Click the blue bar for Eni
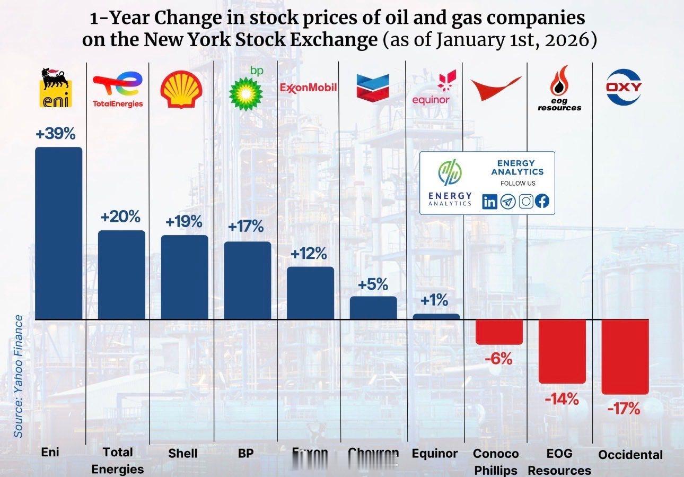tap(58, 233)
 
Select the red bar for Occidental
tap(625, 357)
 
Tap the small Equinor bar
tap(436, 317)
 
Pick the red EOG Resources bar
tap(562, 351)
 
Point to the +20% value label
tap(120, 217)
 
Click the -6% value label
tap(498, 359)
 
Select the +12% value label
tap(309, 254)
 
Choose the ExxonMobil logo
tap(309, 87)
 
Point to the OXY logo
tap(624, 87)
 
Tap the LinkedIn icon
tap(490, 202)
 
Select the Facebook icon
tap(542, 202)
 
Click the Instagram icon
tap(525, 202)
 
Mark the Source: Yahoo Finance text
tap(19, 376)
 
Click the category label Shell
tap(183, 453)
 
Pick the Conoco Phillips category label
tap(495, 462)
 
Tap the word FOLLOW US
tap(518, 183)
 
